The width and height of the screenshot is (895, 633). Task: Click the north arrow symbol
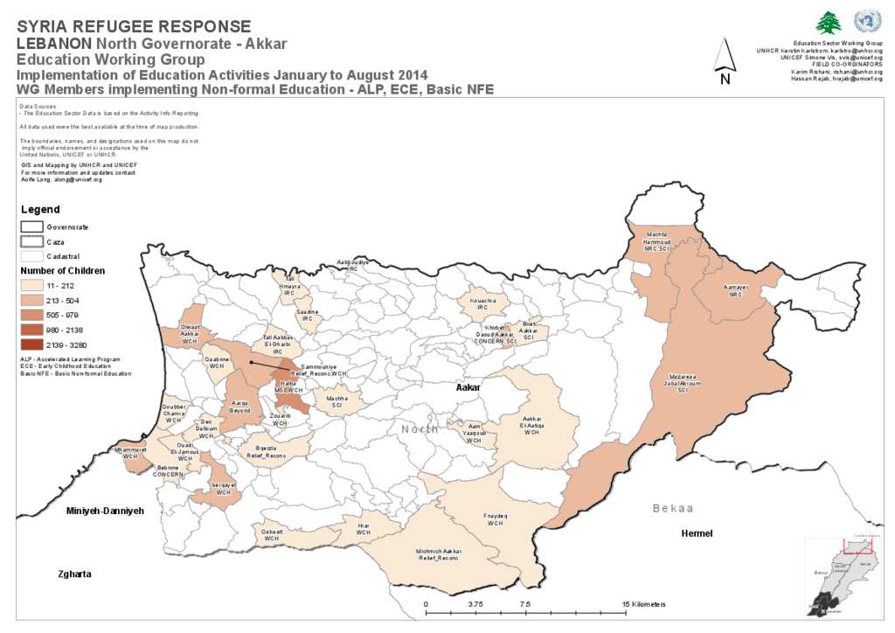point(724,62)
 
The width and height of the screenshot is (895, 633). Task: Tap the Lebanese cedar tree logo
point(828,23)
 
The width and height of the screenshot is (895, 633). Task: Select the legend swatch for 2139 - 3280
point(32,344)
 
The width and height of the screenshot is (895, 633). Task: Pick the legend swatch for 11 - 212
point(32,285)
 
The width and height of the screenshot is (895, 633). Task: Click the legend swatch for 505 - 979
point(32,315)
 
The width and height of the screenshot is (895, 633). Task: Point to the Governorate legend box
point(32,226)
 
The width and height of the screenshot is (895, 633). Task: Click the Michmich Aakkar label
point(437,554)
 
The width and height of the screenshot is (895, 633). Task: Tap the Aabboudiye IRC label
point(352,265)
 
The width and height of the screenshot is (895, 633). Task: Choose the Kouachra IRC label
point(482,303)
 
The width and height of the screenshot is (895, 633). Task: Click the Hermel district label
point(697,533)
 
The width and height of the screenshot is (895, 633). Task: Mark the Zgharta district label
point(74,574)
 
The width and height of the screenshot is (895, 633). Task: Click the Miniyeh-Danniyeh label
point(104,510)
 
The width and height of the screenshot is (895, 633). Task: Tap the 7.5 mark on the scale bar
point(525,604)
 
